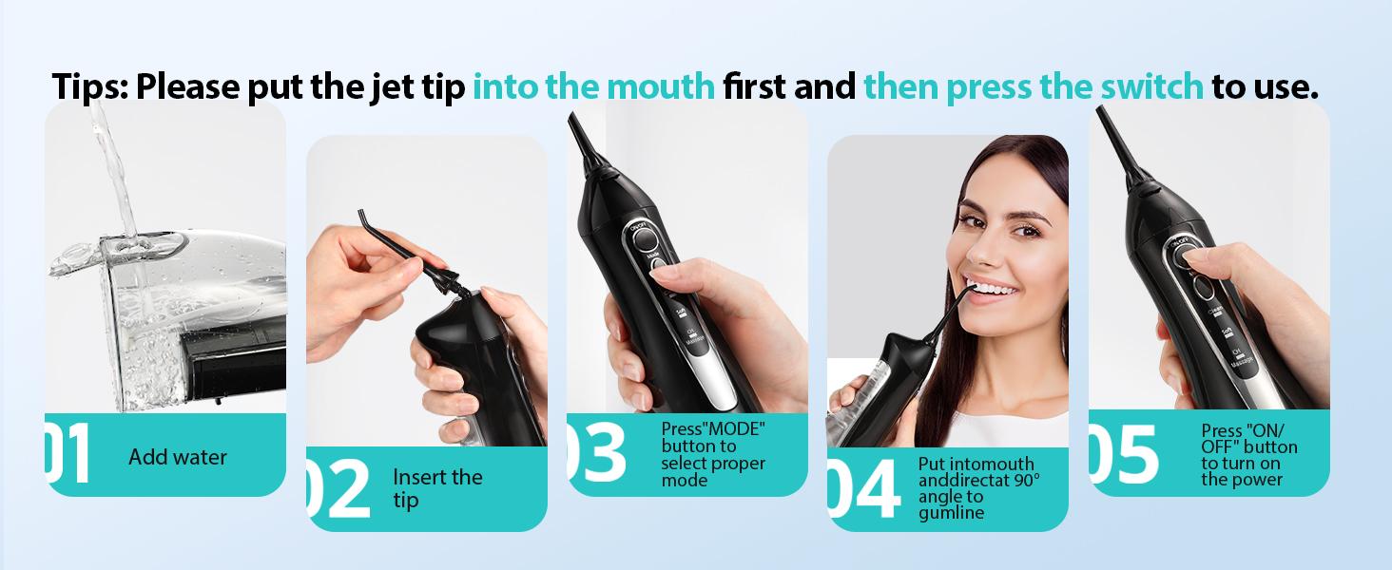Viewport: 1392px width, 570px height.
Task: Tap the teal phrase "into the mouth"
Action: point(593,86)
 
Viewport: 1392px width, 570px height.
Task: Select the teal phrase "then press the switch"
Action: point(1033,86)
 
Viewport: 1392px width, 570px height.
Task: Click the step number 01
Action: point(68,453)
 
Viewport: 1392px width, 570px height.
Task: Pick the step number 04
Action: point(862,489)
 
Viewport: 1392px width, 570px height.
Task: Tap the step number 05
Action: point(1124,453)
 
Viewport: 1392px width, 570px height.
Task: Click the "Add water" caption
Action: point(178,457)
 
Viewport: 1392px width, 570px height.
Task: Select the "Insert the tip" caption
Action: point(436,487)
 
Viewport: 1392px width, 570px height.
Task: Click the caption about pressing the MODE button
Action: point(713,454)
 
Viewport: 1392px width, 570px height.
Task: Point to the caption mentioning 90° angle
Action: point(978,488)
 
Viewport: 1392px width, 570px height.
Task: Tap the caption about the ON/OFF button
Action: point(1248,455)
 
